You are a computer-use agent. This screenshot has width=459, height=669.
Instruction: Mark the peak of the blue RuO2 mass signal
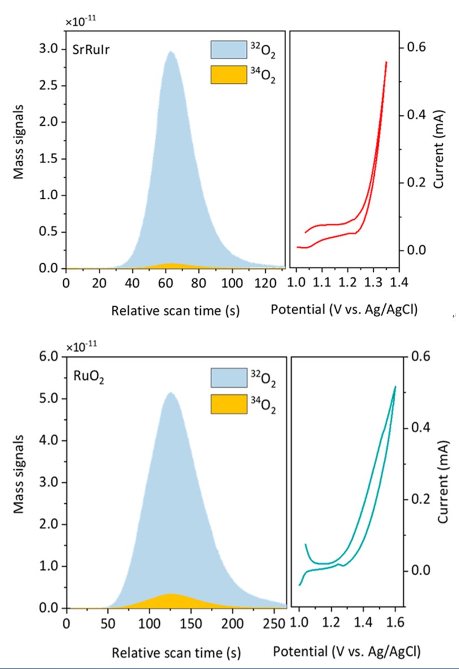(170, 392)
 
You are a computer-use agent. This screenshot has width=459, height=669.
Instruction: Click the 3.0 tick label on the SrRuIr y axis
(49, 49)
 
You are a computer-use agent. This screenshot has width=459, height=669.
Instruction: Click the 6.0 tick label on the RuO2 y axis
(49, 357)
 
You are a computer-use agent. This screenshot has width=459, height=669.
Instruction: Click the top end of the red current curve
(386, 62)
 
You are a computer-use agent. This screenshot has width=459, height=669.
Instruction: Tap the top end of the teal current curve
(395, 387)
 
